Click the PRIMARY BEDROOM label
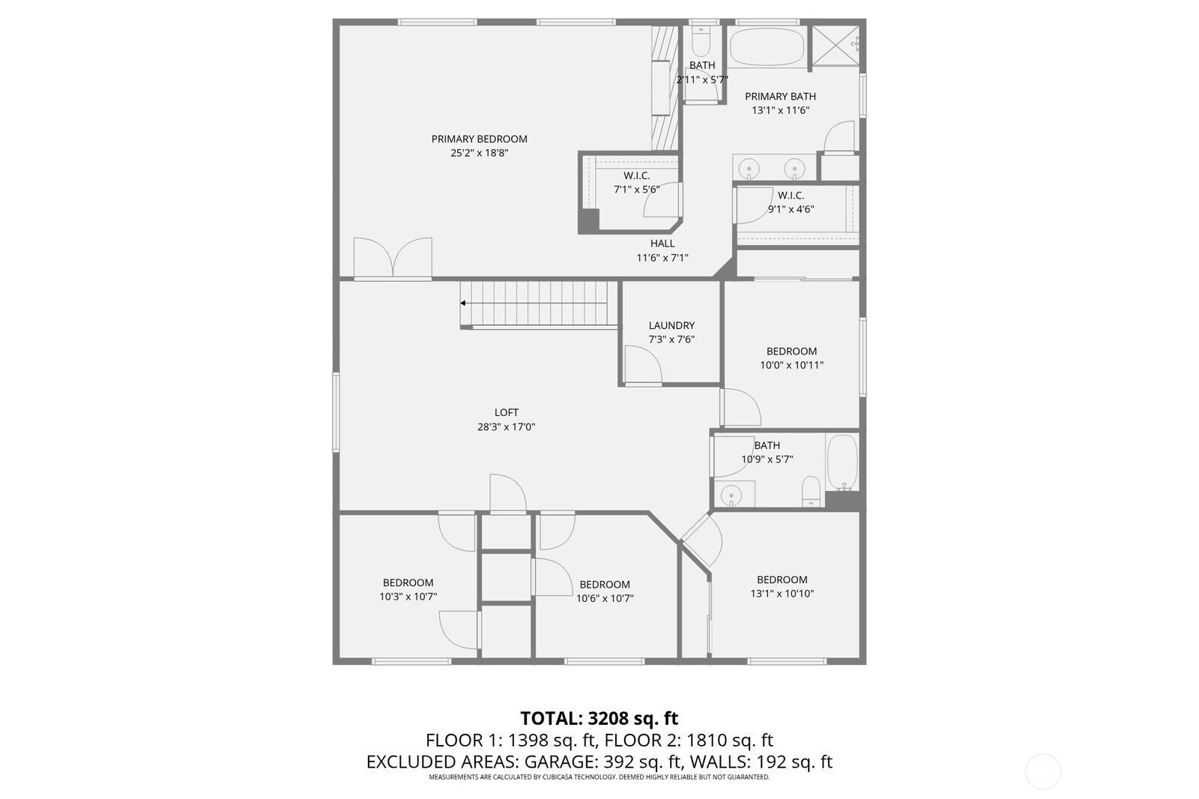(x=479, y=139)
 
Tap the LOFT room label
(x=506, y=413)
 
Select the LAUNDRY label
(x=671, y=325)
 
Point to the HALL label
(x=662, y=244)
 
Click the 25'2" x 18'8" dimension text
(x=479, y=153)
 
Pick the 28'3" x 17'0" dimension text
(x=506, y=427)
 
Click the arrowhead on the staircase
(x=463, y=303)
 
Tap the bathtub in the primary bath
(x=767, y=46)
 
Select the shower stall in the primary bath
(x=836, y=46)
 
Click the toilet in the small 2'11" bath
(x=700, y=40)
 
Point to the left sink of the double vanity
(x=749, y=169)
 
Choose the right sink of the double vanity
(x=794, y=169)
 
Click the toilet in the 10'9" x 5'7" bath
(x=811, y=492)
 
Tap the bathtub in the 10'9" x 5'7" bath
(x=842, y=462)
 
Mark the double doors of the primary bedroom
(x=393, y=258)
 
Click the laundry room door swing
(x=644, y=365)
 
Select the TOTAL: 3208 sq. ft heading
(x=599, y=718)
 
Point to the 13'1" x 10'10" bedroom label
(x=782, y=594)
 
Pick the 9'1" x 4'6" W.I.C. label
(x=791, y=209)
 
